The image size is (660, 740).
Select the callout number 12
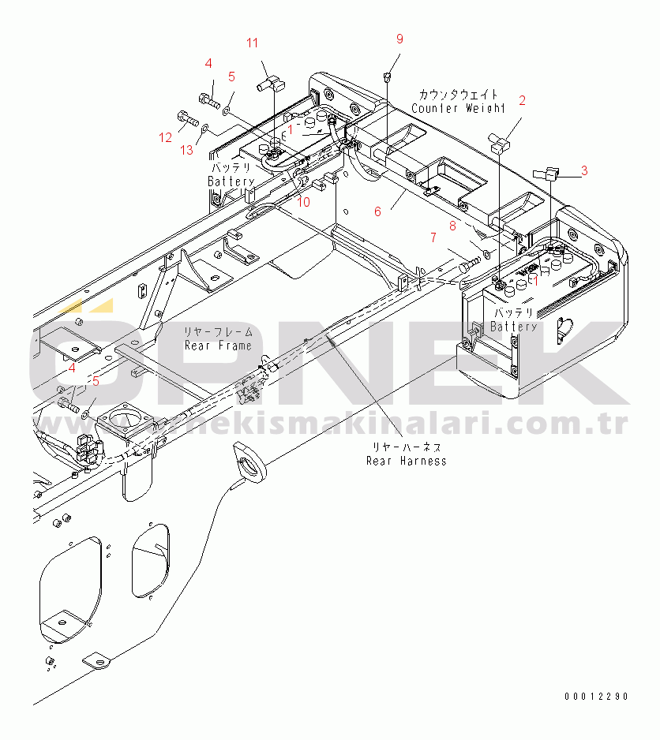coord(164,137)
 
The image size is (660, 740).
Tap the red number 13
coord(187,150)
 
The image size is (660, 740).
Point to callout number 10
coord(304,201)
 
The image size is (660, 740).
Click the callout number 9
coord(399,39)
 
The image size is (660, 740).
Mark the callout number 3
coord(583,169)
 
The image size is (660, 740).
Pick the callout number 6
coord(377,211)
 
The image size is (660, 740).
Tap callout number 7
coord(433,237)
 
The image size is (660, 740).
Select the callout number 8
coord(452,225)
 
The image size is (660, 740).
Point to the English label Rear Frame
coord(218,346)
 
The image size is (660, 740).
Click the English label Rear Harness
coord(406,461)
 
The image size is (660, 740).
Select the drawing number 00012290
coord(596,697)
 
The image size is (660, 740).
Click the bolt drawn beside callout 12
coord(186,120)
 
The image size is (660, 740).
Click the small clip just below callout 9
coord(386,77)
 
